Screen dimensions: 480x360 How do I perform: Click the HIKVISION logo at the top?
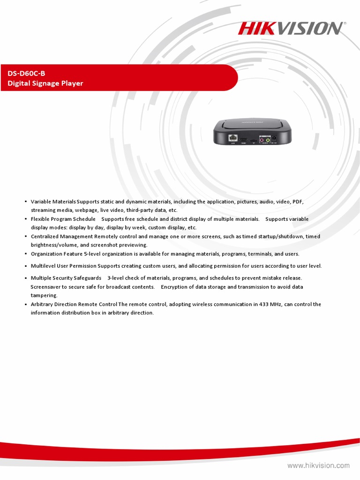[291, 29]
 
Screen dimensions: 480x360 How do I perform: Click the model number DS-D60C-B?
[26, 73]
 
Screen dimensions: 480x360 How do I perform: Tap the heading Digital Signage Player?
[45, 83]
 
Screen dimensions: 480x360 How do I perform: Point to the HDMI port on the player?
[244, 139]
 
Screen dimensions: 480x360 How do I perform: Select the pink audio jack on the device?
[262, 139]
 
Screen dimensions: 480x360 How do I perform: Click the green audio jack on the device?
[268, 139]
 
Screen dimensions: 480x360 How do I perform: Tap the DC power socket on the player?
[274, 138]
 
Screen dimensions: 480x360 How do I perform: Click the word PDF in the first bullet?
[298, 202]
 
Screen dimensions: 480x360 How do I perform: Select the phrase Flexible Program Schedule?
[63, 219]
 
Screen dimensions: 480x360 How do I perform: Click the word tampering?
[44, 295]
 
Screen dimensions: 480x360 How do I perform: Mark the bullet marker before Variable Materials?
[25, 202]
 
